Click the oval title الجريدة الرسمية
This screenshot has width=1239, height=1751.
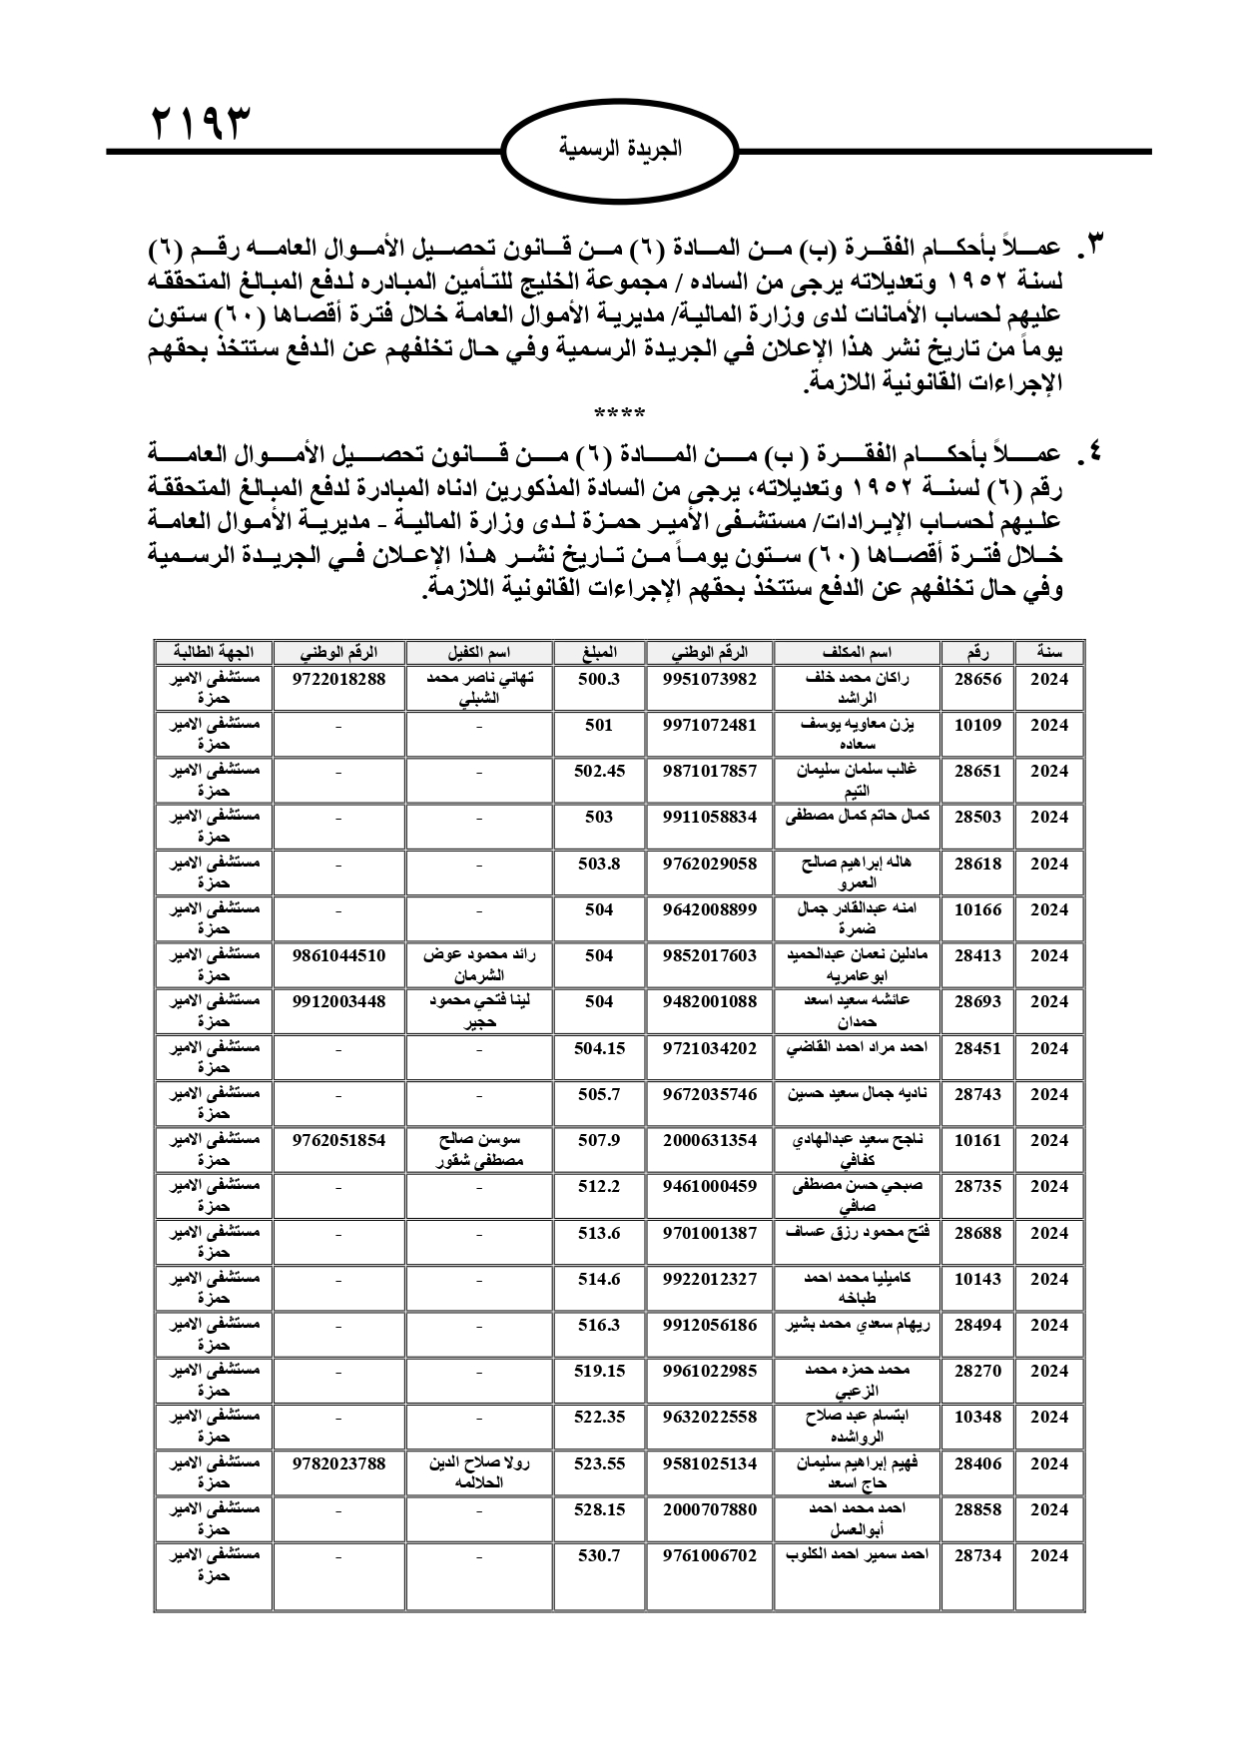(x=619, y=150)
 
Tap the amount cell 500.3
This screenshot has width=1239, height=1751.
(x=599, y=679)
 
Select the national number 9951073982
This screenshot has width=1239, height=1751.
(x=710, y=679)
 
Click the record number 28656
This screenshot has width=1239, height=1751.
(x=977, y=679)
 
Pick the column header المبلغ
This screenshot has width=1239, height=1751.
(x=599, y=653)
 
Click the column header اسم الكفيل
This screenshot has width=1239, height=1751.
(x=479, y=653)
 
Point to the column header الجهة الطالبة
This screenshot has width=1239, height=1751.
(x=214, y=653)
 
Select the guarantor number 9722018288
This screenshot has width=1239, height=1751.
(x=338, y=679)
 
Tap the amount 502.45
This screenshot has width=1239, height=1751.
(x=599, y=771)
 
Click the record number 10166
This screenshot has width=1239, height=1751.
(x=977, y=909)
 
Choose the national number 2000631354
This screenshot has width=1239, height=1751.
(x=710, y=1140)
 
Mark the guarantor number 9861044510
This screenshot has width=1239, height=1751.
(x=338, y=955)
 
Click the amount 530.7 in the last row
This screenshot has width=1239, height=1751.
(x=599, y=1555)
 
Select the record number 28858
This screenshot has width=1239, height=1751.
(x=977, y=1509)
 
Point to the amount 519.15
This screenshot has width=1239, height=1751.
(x=599, y=1371)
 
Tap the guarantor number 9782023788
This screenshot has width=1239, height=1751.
(x=338, y=1463)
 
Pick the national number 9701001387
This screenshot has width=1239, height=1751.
(x=710, y=1233)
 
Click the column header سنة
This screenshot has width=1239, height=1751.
(x=1048, y=653)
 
